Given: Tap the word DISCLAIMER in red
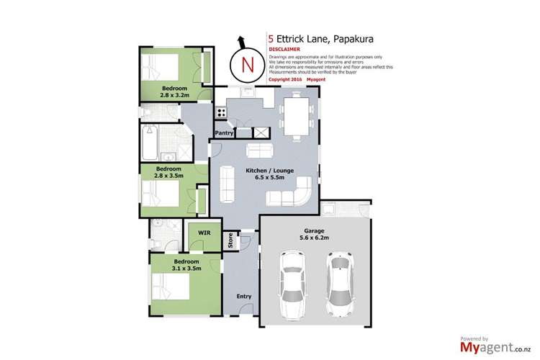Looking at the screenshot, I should (x=283, y=49).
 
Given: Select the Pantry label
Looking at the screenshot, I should (x=225, y=132).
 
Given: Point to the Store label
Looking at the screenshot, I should (x=231, y=240).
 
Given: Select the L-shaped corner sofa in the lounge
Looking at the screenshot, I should (x=296, y=194).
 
